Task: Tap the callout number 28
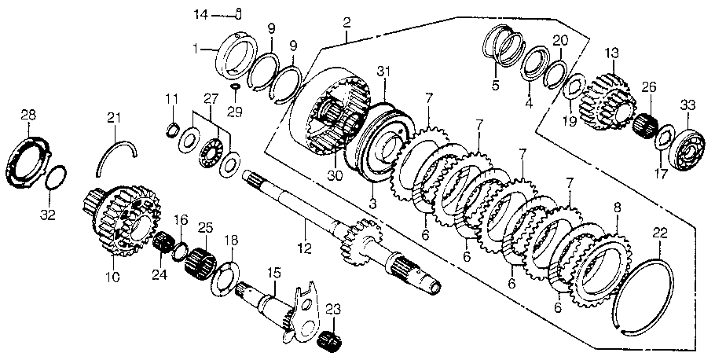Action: pyautogui.click(x=28, y=116)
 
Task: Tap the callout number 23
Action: pyautogui.click(x=332, y=308)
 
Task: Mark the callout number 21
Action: pyautogui.click(x=115, y=118)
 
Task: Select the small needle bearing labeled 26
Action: pyautogui.click(x=645, y=125)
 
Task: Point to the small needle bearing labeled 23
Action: pyautogui.click(x=332, y=343)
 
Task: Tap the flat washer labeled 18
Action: pyautogui.click(x=233, y=276)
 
